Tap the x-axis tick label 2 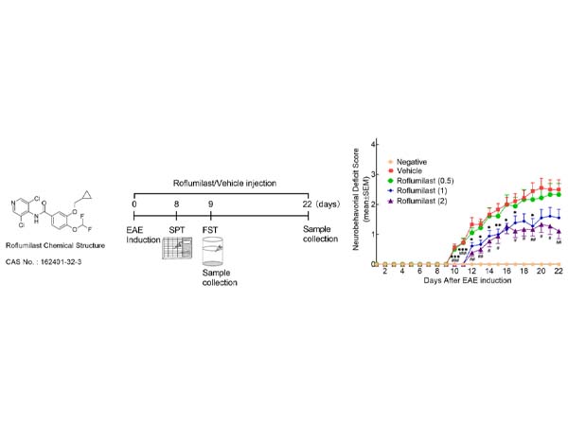[385, 271]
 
